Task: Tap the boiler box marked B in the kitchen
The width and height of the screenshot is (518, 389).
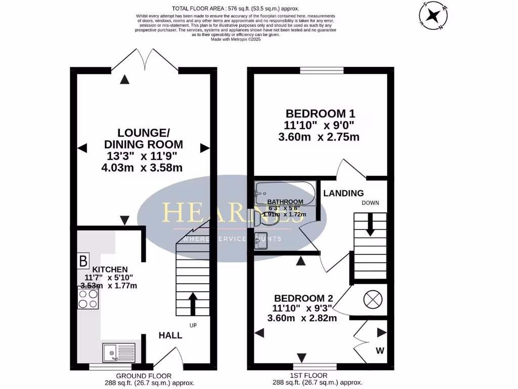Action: click(82, 261)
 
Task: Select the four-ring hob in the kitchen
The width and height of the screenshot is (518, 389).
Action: click(89, 298)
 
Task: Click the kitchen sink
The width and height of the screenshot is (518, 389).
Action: click(118, 352)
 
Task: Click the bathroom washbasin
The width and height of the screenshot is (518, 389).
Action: click(261, 240)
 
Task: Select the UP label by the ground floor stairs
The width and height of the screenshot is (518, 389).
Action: click(193, 325)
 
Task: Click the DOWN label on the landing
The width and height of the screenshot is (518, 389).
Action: click(370, 203)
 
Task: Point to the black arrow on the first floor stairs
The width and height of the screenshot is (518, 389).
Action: click(370, 224)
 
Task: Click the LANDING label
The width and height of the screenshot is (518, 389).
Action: click(343, 193)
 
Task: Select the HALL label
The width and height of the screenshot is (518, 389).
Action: click(170, 335)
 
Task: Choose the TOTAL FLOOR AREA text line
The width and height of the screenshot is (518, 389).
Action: click(235, 8)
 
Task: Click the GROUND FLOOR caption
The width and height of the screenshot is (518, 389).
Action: click(144, 376)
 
